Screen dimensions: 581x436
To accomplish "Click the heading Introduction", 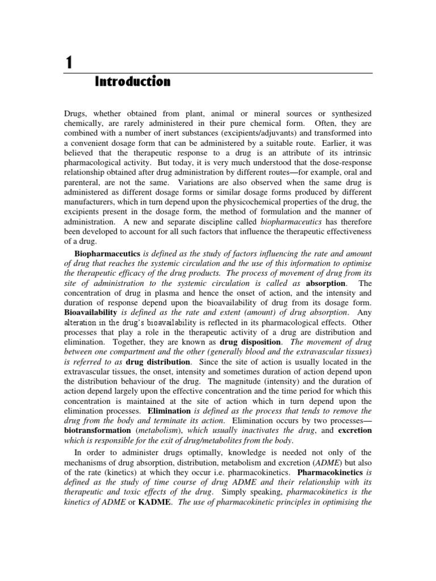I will pyautogui.click(x=132, y=82).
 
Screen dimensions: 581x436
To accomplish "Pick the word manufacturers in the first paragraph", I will pyautogui.click(x=90, y=206).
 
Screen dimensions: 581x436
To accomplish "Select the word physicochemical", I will pyautogui.click(x=245, y=206).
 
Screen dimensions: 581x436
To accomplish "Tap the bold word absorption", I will pyautogui.click(x=325, y=283).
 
